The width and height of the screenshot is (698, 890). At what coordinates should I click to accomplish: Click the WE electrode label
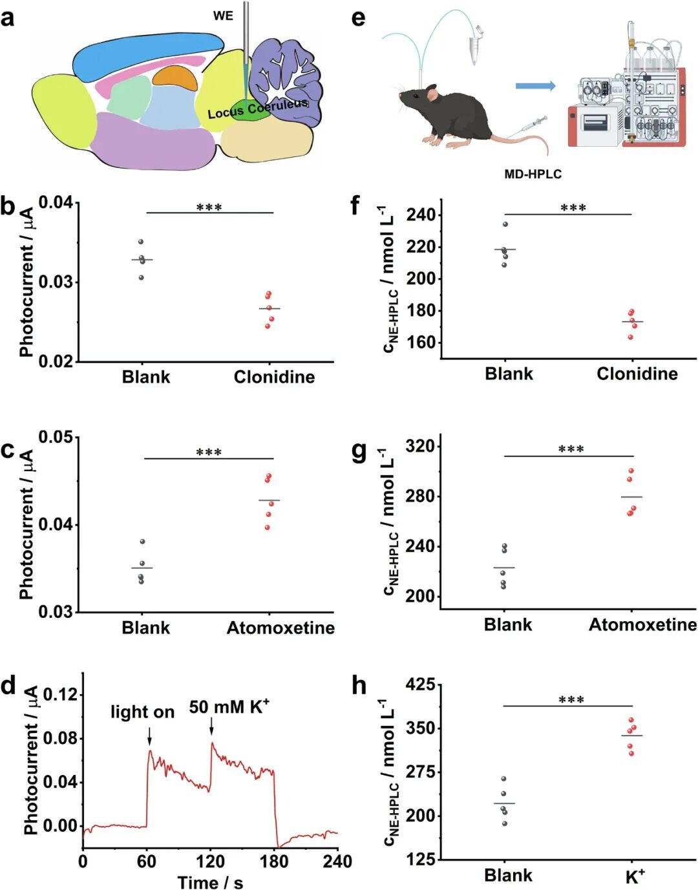point(223,16)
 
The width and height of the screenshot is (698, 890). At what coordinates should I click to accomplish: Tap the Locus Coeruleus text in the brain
point(257,109)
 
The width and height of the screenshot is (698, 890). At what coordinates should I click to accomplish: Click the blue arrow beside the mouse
point(535,85)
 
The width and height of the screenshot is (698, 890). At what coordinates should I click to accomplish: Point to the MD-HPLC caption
point(533,174)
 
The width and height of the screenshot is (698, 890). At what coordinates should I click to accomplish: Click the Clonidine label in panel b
point(274,377)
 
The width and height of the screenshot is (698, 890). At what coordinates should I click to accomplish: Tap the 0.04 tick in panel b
point(56,203)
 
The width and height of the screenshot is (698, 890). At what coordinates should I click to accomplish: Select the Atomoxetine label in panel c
point(280,628)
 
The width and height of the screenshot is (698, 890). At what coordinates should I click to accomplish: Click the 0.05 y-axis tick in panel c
point(56,438)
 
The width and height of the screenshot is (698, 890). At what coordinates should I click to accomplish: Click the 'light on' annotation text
point(142,712)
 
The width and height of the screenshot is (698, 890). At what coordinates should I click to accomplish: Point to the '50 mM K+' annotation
point(229,707)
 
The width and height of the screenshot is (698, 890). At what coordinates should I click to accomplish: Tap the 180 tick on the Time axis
point(274,862)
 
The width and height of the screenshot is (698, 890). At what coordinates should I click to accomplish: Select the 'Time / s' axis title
point(210,882)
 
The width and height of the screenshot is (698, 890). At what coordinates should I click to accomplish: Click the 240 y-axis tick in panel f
point(420,215)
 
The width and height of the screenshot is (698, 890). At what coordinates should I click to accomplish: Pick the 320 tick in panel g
point(420,446)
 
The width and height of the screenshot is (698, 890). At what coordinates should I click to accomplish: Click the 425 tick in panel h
point(420,684)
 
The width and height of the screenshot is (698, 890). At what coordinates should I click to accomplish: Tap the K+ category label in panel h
point(635,876)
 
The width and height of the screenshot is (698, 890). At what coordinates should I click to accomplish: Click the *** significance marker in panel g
point(571,449)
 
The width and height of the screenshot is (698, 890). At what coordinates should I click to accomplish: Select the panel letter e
point(358,17)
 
